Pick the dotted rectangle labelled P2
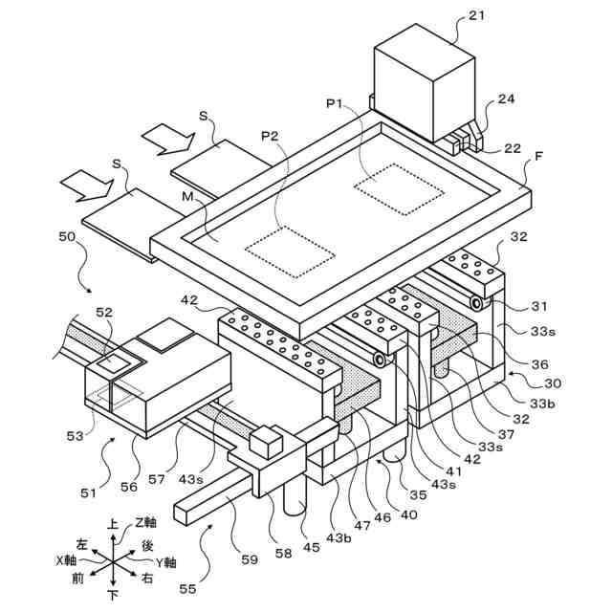point(290,250)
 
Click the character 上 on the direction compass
point(114,524)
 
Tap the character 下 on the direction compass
point(114,595)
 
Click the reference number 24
point(506,99)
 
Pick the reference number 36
point(540,363)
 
